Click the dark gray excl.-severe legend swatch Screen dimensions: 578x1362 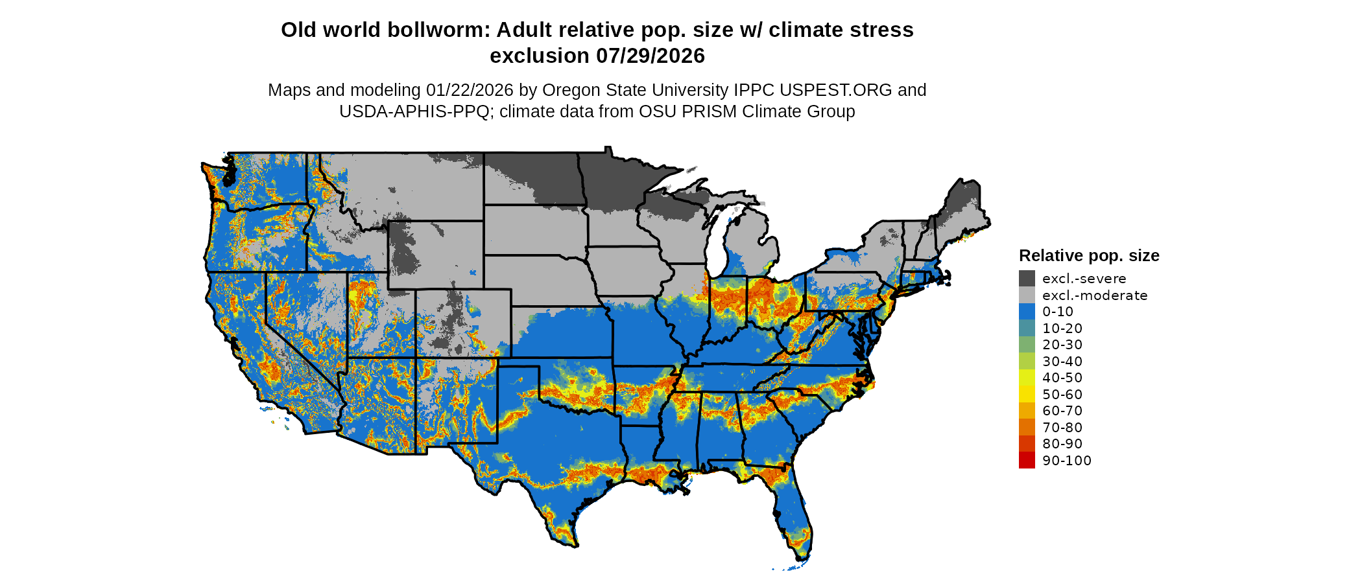pyautogui.click(x=1027, y=279)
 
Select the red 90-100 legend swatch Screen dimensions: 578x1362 pyautogui.click(x=1027, y=461)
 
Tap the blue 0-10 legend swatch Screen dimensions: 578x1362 pyautogui.click(x=1027, y=312)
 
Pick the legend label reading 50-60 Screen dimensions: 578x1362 pyautogui.click(x=1062, y=395)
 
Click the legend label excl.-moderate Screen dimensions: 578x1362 pyautogui.click(x=1095, y=295)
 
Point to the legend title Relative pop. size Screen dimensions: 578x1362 pyautogui.click(x=1089, y=255)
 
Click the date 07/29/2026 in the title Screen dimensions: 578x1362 pyautogui.click(x=651, y=56)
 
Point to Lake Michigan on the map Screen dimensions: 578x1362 pyautogui.click(x=715, y=246)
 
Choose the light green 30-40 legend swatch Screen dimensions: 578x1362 pyautogui.click(x=1027, y=362)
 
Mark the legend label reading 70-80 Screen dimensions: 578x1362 pyautogui.click(x=1062, y=428)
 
